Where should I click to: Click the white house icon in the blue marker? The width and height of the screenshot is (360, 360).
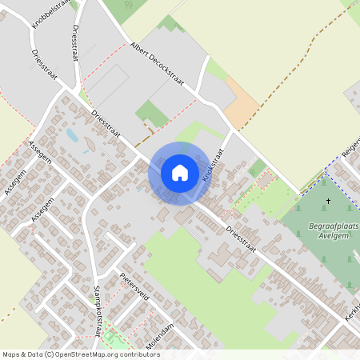point(179,173)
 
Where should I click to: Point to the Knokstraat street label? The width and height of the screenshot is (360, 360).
point(214,165)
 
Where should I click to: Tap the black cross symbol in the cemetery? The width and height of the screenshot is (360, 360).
point(328,202)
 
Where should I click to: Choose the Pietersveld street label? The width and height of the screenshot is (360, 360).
point(134,286)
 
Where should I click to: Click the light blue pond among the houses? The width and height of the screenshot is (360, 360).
point(73,135)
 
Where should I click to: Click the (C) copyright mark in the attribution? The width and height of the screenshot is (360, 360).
point(50,354)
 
